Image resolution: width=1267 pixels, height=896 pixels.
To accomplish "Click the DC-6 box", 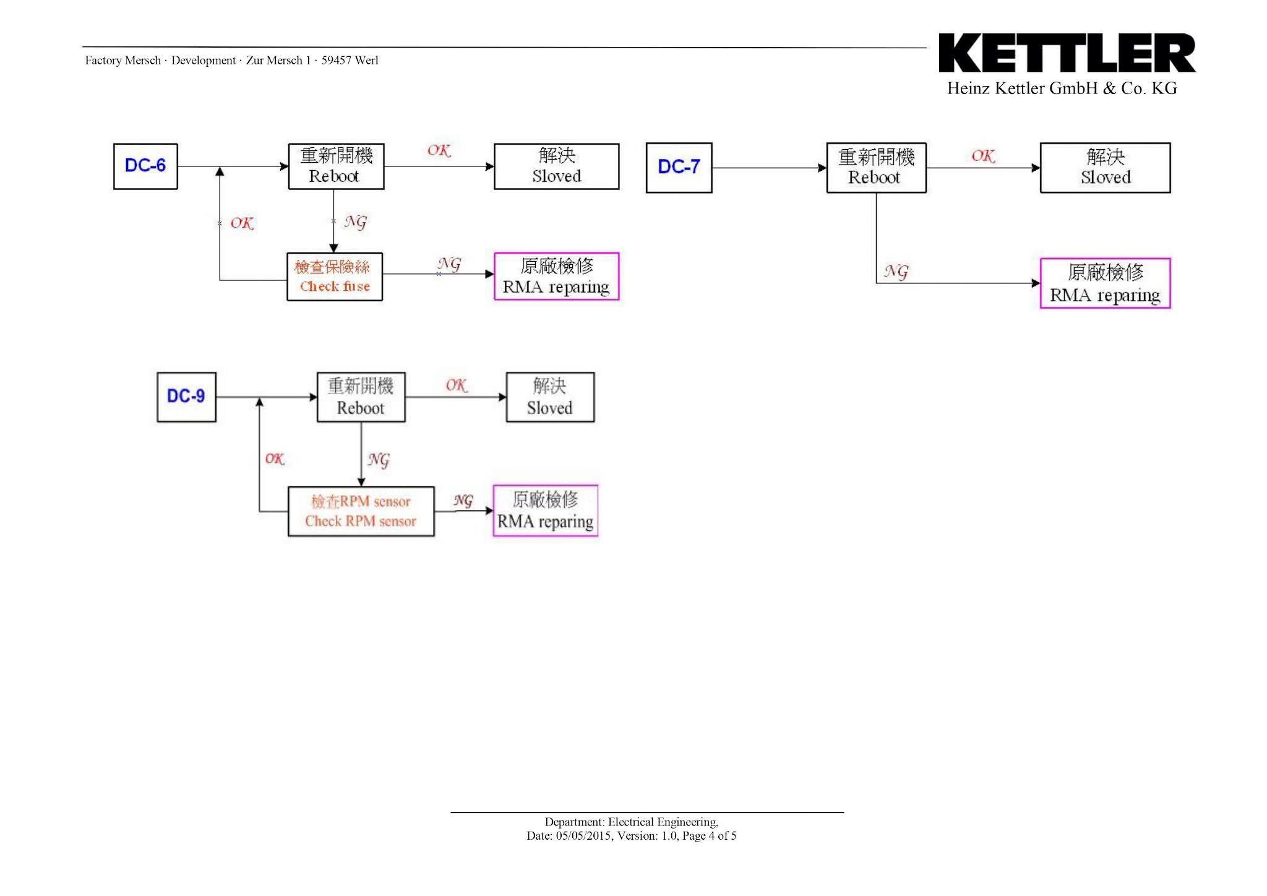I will point(145,166).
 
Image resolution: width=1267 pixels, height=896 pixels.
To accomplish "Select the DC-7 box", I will point(679,168).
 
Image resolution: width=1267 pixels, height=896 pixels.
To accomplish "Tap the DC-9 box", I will point(186,397).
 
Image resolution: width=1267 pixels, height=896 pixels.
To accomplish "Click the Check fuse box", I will point(334,277).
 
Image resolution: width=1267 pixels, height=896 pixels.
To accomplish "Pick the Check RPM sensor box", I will point(361,511).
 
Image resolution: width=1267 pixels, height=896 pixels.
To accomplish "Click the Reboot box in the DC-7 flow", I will point(875,168).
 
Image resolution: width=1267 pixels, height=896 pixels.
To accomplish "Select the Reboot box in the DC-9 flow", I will point(361,397).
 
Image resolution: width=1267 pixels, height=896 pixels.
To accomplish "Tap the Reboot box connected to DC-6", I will point(336,166).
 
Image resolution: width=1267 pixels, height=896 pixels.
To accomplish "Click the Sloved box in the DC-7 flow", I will point(1105,168).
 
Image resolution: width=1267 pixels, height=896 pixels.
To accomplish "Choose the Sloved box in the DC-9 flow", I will point(550,397).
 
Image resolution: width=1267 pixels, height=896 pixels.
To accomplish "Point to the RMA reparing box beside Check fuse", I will point(556,276).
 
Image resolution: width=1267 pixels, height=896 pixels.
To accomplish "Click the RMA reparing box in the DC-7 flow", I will point(1105,283).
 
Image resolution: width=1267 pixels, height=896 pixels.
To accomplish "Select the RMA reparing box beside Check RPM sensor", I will point(545,510).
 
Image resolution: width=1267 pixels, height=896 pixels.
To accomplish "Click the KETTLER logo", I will point(1067,54).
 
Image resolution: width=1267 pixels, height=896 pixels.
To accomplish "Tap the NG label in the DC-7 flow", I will point(896,271).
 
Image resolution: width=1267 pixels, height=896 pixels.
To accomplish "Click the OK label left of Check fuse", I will point(242,223).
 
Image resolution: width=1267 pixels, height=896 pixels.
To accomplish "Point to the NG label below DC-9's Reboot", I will point(379,460).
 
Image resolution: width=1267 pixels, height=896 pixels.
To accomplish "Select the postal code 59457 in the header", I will point(336,61).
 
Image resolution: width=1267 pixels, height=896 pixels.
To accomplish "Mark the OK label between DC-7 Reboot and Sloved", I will point(983,156).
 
